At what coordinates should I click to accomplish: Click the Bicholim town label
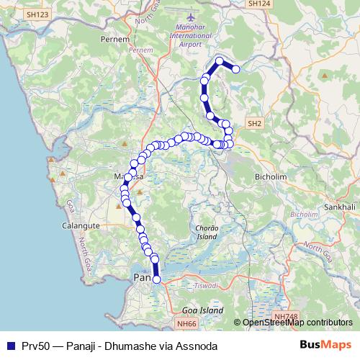coord(270,175)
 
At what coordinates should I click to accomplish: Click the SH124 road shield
coord(258,4)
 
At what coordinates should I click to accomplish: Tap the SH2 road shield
coord(255,124)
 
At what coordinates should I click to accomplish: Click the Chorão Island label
coord(207,232)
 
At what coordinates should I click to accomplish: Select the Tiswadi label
coord(207,286)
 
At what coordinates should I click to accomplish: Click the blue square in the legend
coord(10,346)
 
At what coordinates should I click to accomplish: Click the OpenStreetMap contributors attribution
coord(297,323)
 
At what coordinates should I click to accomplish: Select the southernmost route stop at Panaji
coord(157,279)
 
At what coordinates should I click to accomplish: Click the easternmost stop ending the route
coord(235,69)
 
